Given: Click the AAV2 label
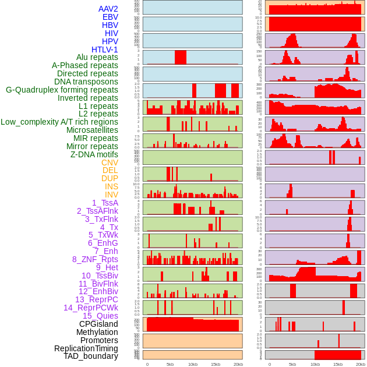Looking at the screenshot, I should coord(108,9).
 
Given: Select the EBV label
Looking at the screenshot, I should coord(110,17).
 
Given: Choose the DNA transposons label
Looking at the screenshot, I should coord(86,82).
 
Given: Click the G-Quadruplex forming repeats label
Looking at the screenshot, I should coord(62,90).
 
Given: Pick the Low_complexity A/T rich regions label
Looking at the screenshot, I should coord(59,122).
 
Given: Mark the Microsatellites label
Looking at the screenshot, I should coord(92,130).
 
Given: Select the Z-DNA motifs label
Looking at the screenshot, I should coord(94,154).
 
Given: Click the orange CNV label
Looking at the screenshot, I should coord(110,163).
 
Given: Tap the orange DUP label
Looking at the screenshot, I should coord(110,178).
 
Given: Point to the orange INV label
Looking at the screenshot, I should coord(111,195).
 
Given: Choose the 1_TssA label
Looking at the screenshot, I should coord(105,203).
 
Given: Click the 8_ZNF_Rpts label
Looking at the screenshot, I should coord(95,259).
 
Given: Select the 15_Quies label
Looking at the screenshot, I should coord(100,316).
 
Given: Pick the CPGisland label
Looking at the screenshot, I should coord(98,324).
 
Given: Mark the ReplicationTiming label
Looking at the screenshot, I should coord(86,348).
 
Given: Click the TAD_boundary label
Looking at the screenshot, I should coord(91,356).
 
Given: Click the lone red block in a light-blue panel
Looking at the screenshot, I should coord(181,57).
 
